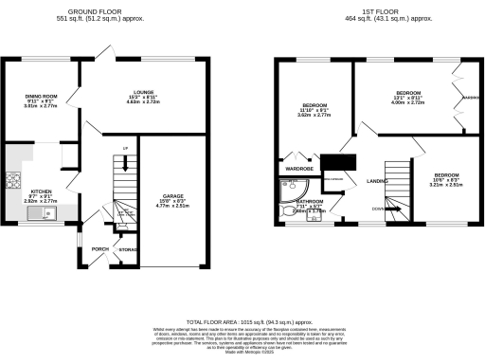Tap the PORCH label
pos(98,251)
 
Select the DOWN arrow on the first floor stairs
pos(378,208)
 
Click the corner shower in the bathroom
pos(283,193)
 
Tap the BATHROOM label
pos(310,202)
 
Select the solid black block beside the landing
pos(336,164)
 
